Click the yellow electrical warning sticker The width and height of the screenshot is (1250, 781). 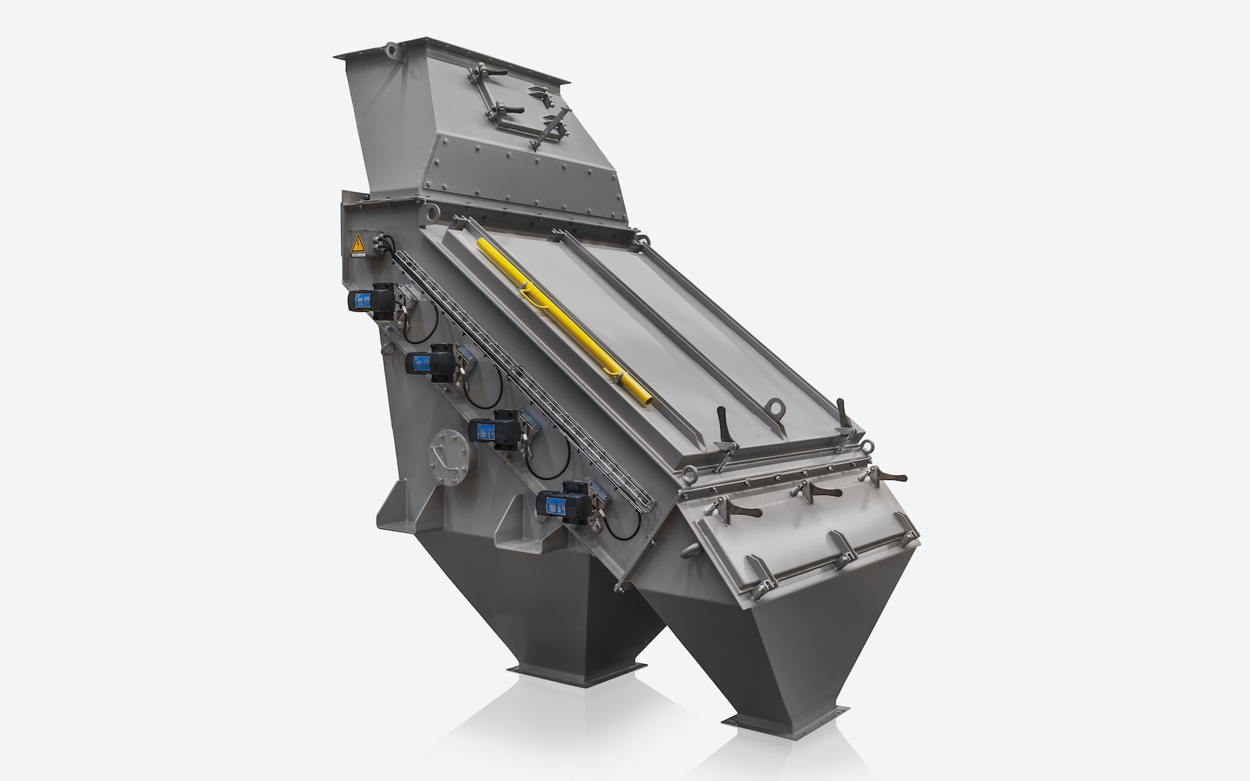click(357, 243)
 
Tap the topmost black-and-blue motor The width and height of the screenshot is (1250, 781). click(370, 298)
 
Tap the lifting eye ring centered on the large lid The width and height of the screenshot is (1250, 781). click(775, 408)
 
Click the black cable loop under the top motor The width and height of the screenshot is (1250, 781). click(421, 324)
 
